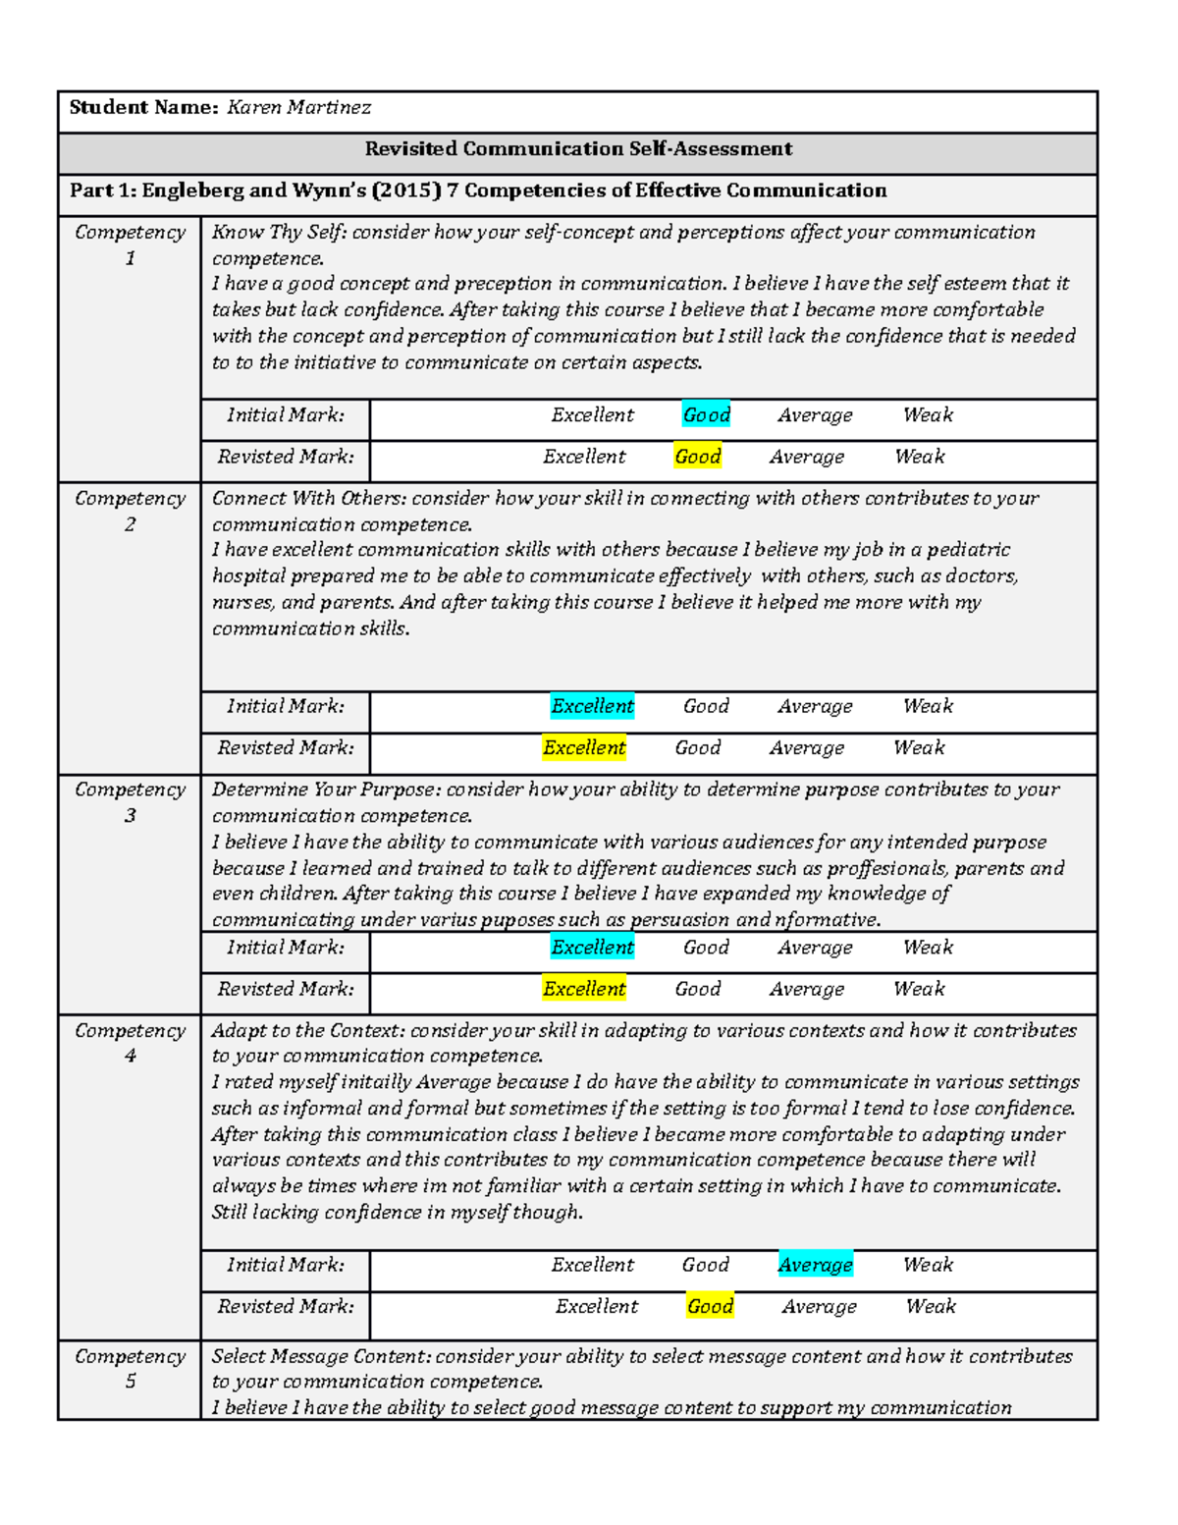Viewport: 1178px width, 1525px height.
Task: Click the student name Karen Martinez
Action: coord(298,108)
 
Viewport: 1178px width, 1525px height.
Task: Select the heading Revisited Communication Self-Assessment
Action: coord(578,149)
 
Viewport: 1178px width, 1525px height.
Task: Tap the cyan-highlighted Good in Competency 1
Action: coord(706,415)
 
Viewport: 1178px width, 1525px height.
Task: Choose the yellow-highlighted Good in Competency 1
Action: coord(698,457)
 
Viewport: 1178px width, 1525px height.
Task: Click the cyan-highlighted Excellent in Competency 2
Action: coord(592,706)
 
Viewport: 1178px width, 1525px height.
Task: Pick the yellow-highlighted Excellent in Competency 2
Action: coord(584,747)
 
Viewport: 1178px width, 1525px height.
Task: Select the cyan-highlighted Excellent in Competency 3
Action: coord(592,948)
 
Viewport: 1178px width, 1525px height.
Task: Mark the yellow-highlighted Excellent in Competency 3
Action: coord(584,989)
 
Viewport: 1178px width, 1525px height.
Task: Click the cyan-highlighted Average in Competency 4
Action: coord(815,1265)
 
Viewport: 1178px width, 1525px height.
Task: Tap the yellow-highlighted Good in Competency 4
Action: coord(710,1306)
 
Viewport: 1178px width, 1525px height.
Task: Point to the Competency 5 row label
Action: coord(130,1368)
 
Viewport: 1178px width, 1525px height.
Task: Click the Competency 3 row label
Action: coord(130,802)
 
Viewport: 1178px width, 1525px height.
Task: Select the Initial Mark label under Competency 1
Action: coord(285,415)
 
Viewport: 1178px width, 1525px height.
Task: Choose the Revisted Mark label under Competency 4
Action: coord(285,1306)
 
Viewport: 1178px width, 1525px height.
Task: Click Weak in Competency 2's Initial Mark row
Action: coord(928,706)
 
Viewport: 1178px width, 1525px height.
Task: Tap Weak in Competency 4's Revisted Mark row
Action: coord(931,1306)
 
